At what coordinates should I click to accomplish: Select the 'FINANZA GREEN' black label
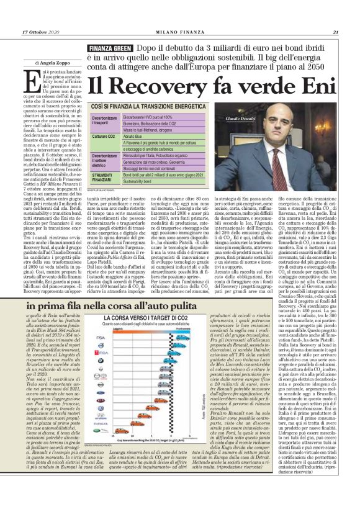(x=109, y=48)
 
